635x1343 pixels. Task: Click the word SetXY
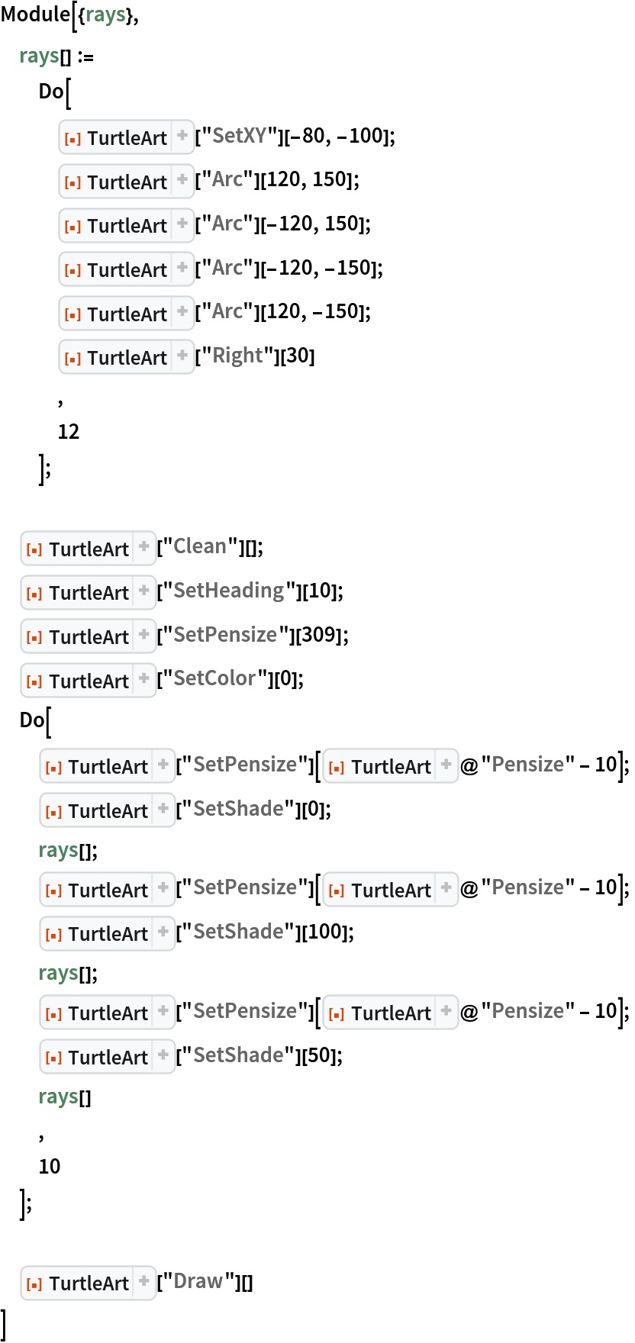click(239, 136)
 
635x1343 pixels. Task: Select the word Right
click(237, 356)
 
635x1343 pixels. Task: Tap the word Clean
click(199, 546)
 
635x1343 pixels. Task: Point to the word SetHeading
click(228, 591)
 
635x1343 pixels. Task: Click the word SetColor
click(214, 678)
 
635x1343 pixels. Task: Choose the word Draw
click(198, 1281)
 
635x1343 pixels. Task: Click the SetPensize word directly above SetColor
click(225, 635)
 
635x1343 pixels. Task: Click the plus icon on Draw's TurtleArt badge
click(144, 1282)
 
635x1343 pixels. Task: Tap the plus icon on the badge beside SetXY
click(182, 137)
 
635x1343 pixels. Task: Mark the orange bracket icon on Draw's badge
click(34, 1284)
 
